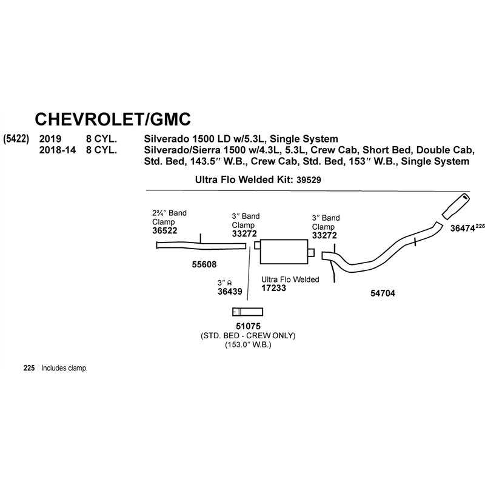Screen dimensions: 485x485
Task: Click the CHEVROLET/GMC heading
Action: pos(113,119)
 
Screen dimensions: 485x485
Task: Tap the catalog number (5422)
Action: pos(16,139)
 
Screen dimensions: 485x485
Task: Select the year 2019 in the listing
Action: pos(50,139)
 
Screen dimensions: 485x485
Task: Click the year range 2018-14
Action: pos(58,150)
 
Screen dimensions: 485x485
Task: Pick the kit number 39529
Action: pos(309,180)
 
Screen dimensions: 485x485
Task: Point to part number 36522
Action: pos(164,231)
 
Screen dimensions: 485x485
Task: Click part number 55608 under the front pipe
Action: pos(204,264)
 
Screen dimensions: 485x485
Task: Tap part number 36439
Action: pos(230,292)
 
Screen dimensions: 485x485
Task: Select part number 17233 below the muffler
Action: pos(274,289)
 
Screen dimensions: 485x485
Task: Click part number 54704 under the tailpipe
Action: pos(383,293)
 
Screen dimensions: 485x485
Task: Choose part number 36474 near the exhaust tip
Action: pos(463,229)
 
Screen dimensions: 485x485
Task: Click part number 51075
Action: pos(248,326)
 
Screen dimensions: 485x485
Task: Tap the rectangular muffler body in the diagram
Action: pos(284,252)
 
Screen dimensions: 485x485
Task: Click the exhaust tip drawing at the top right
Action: pos(456,206)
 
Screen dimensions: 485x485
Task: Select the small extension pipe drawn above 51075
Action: pos(248,312)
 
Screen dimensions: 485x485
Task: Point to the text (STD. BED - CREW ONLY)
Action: pos(248,336)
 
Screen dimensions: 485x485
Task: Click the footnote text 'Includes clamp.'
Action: pos(64,368)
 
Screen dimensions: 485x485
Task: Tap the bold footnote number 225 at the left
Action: pos(29,368)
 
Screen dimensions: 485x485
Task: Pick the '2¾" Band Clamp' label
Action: pos(169,218)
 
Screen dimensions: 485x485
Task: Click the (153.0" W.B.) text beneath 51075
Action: pos(248,345)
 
